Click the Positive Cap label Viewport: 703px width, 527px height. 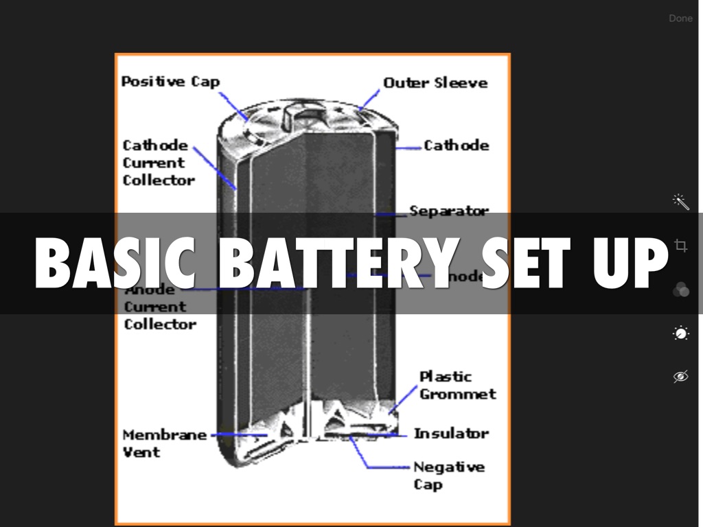pos(170,82)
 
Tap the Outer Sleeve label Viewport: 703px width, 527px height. pos(435,83)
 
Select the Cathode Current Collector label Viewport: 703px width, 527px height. pos(158,163)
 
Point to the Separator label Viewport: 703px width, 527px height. pos(449,210)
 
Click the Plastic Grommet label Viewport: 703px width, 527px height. pos(457,385)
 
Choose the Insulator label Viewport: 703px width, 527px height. pos(451,434)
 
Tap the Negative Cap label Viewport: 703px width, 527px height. pos(448,475)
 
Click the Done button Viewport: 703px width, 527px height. pos(680,19)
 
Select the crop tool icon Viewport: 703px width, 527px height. pos(680,245)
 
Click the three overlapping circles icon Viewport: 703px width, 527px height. pos(680,290)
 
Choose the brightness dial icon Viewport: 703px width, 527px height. pos(680,333)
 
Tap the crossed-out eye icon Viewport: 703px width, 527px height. pos(680,376)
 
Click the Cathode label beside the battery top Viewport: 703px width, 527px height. pos(456,145)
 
